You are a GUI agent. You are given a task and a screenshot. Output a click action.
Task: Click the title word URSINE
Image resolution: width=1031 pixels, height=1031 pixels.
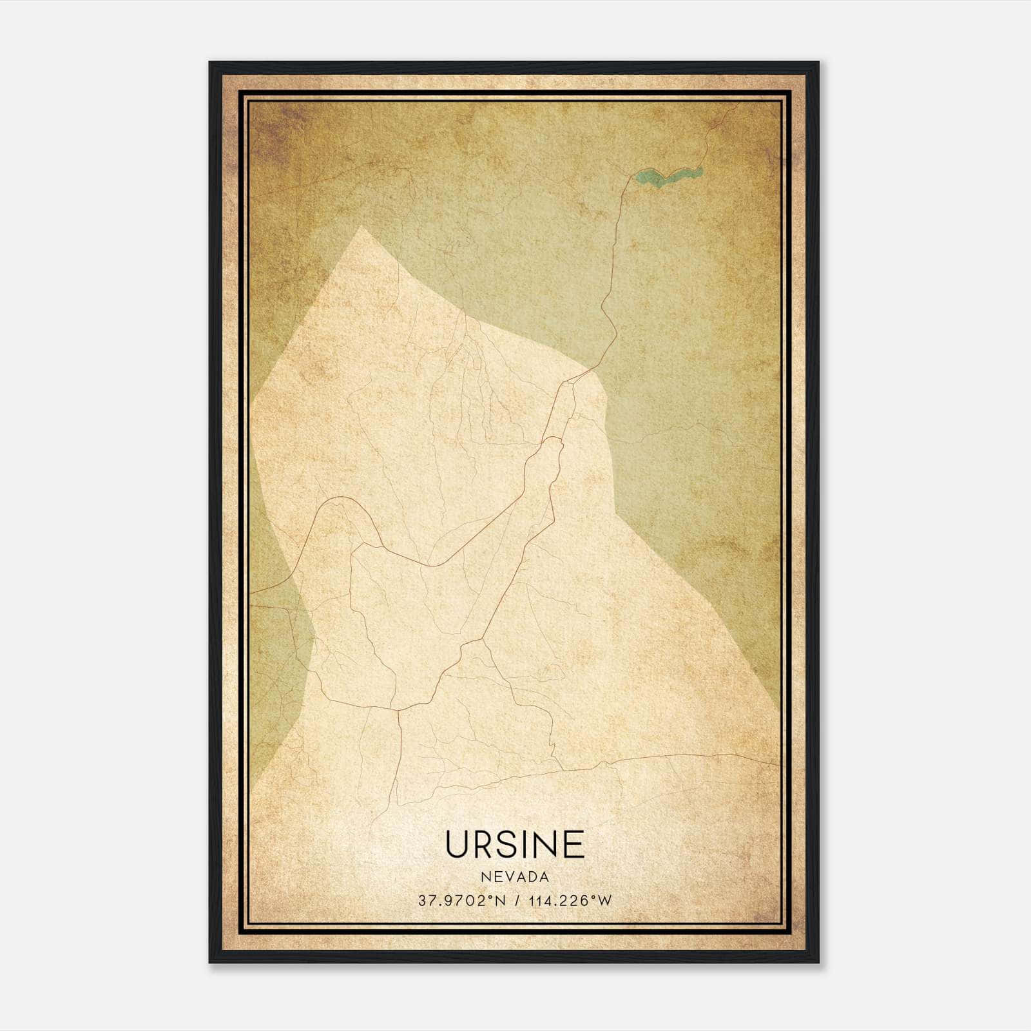(514, 844)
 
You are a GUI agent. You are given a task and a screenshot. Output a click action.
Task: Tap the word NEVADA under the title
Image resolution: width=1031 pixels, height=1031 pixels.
(514, 877)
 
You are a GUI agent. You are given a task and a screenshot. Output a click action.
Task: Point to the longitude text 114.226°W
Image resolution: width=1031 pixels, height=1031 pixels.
(569, 901)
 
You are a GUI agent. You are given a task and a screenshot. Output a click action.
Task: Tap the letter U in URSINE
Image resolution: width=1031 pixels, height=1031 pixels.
(458, 844)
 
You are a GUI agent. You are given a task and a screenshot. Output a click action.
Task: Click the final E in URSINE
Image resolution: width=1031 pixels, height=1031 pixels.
(573, 844)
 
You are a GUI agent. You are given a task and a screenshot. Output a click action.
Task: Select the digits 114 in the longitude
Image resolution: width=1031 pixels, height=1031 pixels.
(539, 901)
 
